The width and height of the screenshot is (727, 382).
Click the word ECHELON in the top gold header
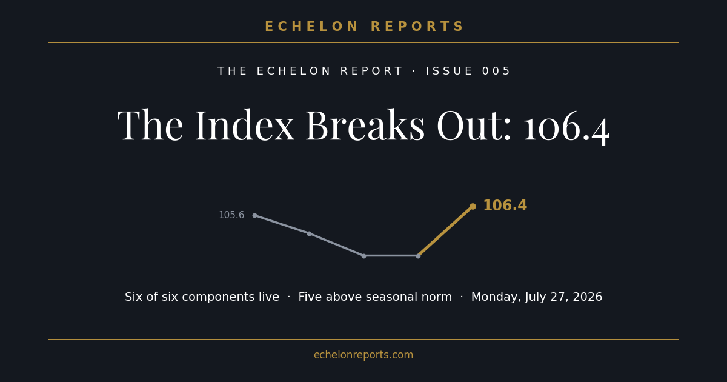(x=311, y=27)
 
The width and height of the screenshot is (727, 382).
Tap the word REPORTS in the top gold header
(x=417, y=27)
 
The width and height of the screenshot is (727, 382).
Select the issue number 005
(x=496, y=71)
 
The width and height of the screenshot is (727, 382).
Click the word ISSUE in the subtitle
(x=449, y=71)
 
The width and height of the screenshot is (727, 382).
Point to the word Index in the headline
(x=244, y=125)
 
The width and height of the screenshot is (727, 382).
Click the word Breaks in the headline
(x=365, y=125)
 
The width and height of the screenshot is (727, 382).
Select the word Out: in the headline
(x=474, y=125)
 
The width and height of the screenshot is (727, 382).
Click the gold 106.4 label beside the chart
(x=505, y=206)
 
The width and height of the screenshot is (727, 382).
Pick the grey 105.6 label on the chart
(x=231, y=215)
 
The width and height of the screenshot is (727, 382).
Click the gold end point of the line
(x=473, y=207)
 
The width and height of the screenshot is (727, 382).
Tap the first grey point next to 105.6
(x=255, y=216)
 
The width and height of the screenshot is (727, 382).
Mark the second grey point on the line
(x=310, y=234)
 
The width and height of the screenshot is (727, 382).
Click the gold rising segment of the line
(x=446, y=231)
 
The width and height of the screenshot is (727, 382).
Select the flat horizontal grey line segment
(x=391, y=256)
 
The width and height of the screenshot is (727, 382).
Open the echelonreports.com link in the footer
(x=363, y=355)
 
